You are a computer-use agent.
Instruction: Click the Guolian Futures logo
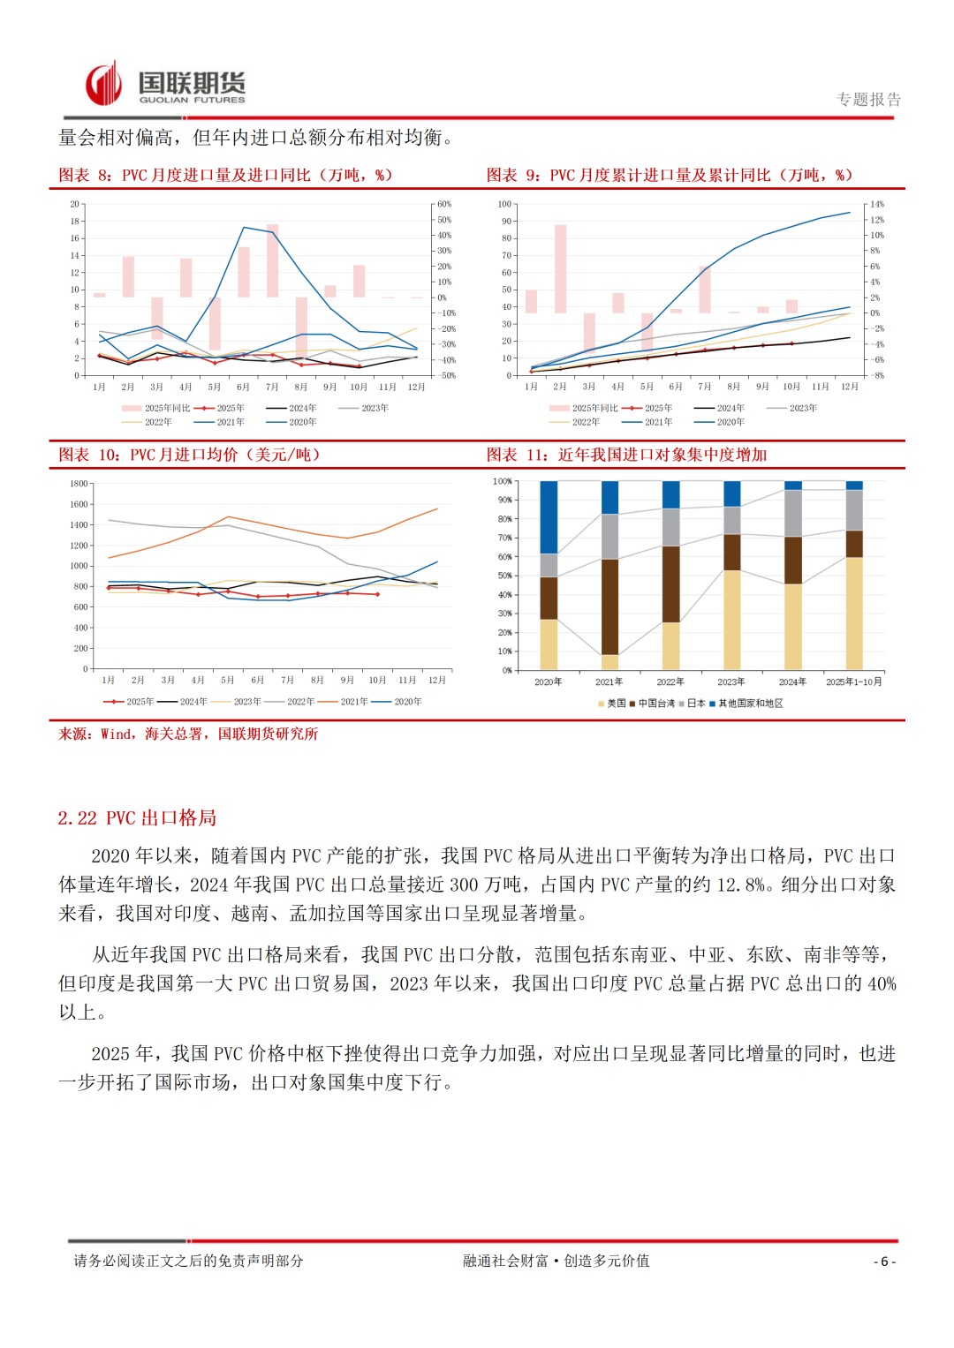[165, 85]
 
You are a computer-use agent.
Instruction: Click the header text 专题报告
[868, 100]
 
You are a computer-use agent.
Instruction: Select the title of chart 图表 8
[225, 175]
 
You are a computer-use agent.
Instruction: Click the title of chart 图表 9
[670, 175]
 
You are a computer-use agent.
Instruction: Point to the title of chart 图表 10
[189, 455]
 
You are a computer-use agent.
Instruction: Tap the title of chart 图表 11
[626, 455]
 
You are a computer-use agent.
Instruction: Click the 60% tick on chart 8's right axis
[444, 204]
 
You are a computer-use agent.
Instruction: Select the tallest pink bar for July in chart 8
[273, 260]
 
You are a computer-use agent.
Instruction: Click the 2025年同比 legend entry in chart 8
[156, 408]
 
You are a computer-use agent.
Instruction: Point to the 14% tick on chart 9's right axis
[876, 204]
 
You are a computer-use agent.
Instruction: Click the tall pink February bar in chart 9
[560, 269]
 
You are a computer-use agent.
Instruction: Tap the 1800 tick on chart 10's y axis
[79, 484]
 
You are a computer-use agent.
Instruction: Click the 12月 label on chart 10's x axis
[436, 681]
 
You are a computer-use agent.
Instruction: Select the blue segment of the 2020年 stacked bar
[549, 516]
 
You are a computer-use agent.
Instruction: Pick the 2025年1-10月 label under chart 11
[853, 682]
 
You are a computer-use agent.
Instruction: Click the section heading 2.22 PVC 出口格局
[137, 818]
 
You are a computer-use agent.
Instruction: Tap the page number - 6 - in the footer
[884, 1261]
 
